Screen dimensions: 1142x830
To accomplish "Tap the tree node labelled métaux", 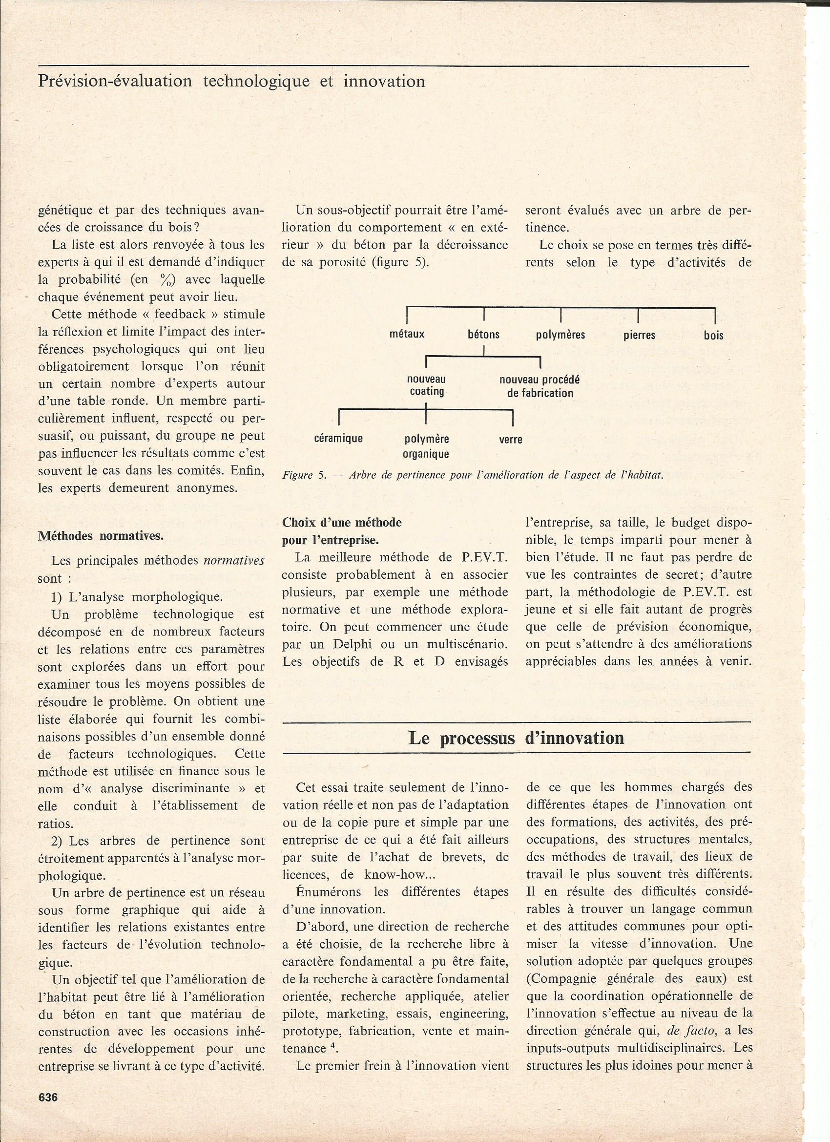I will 407,334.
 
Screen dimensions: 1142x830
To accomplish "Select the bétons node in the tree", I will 483,334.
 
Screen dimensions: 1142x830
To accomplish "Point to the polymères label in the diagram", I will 560,335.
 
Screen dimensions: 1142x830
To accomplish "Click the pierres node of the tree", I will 639,335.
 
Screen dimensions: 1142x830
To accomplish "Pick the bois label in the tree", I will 713,335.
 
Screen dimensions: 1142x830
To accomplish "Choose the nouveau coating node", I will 426,385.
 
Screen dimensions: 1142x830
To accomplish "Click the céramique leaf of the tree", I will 338,438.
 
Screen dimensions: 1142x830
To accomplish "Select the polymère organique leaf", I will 426,446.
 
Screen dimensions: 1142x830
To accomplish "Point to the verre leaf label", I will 510,439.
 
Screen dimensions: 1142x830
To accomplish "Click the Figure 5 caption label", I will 305,475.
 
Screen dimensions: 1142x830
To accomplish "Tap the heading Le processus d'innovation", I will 516,738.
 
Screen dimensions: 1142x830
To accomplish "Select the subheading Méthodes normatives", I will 101,536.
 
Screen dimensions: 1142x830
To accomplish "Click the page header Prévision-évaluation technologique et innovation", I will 231,81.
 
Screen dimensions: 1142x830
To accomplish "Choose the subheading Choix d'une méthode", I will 342,522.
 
